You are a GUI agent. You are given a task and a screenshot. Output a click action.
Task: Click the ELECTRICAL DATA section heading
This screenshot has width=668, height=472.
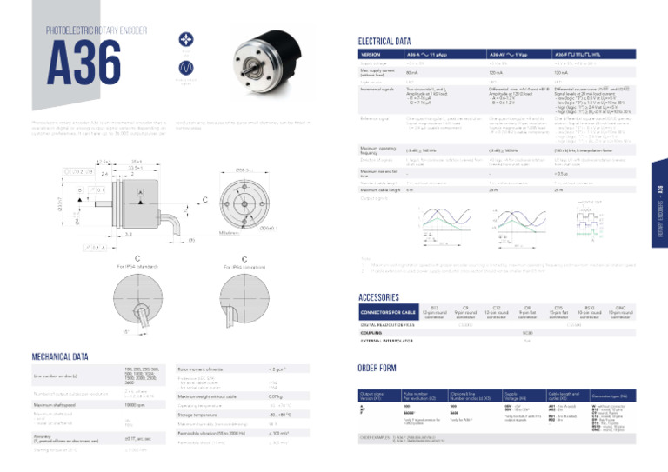[x=384, y=41]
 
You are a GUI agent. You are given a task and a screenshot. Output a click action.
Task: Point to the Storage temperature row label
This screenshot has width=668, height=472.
[x=201, y=415]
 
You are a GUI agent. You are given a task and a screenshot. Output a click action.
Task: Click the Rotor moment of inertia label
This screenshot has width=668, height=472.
[x=202, y=369]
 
